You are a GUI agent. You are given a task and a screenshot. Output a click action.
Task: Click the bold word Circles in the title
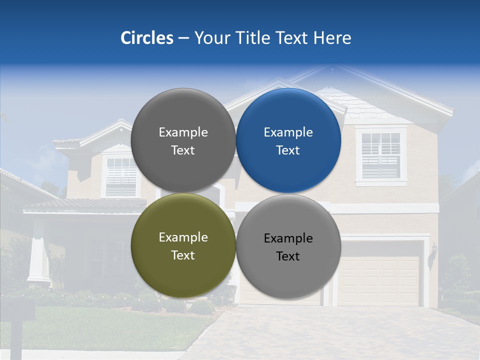coord(146,38)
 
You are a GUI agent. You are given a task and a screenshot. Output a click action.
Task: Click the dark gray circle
coord(183,115)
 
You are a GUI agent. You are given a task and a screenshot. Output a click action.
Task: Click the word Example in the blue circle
coord(288,132)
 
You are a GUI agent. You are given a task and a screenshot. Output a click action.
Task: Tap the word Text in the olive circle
coord(183,255)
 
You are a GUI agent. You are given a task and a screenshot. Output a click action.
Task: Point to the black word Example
coord(288,238)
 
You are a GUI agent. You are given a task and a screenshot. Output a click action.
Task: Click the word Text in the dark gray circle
coord(183,150)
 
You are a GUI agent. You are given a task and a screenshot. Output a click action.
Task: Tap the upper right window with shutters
coord(381,155)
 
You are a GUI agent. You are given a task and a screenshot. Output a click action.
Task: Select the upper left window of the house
coord(121,176)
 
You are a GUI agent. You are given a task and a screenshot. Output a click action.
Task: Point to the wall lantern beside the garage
coord(433,250)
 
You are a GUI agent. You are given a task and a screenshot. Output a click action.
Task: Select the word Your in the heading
coord(212,38)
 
